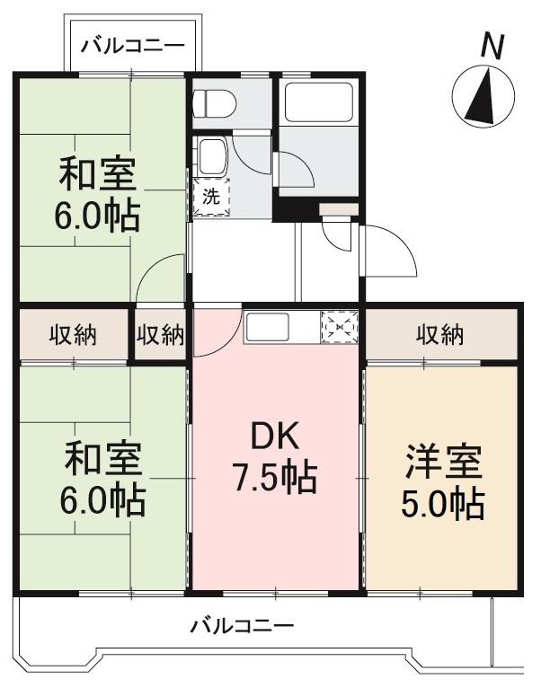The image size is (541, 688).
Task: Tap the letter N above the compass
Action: (490, 46)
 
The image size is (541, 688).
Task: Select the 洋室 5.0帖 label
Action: (442, 483)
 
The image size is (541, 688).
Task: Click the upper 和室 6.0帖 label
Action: (99, 192)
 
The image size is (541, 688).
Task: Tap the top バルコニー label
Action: (132, 45)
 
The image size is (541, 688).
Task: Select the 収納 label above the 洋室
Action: (439, 335)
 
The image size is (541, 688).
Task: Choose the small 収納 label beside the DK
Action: (161, 335)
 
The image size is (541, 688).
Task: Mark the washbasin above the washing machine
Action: (213, 158)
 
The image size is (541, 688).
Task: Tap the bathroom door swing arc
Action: (295, 166)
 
